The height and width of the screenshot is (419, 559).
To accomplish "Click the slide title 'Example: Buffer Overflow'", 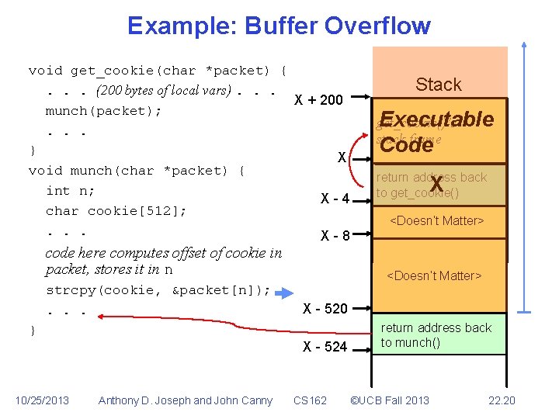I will coord(279,26).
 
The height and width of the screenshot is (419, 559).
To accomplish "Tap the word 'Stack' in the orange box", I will coord(439,85).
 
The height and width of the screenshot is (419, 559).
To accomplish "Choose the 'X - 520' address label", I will coord(325,308).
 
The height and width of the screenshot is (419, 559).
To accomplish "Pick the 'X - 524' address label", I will coord(325,346).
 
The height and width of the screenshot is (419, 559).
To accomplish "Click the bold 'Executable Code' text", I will coord(436,131).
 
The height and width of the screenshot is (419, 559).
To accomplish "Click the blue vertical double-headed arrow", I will coord(525,178).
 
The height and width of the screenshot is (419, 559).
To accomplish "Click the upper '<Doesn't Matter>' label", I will coord(436,221).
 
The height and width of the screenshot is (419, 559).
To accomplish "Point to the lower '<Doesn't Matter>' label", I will coord(435,275).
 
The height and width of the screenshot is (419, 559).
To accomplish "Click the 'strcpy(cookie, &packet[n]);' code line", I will coord(158,290).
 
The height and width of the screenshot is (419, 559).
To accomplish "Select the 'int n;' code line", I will coord(70,190).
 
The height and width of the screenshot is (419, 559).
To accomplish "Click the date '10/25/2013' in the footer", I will coord(42,400).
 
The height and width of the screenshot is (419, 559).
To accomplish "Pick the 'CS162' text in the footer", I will coord(311,400).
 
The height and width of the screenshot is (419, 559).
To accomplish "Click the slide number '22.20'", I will coord(502,400).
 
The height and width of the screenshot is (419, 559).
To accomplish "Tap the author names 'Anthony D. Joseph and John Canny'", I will coord(186,400).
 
